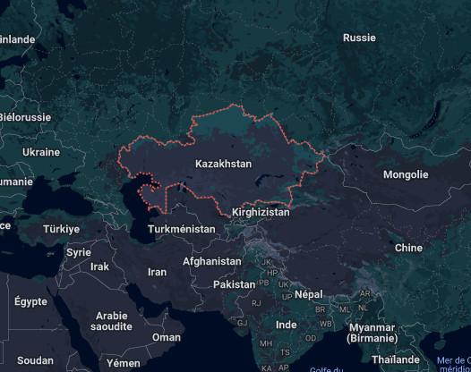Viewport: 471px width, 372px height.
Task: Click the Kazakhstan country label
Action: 223,165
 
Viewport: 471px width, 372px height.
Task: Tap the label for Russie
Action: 359,38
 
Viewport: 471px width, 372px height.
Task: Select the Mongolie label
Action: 406,174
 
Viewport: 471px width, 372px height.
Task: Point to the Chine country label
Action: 408,248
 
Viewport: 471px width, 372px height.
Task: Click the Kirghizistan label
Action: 261,213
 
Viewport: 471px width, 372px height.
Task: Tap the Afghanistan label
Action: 211,261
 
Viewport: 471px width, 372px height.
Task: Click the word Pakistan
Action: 235,284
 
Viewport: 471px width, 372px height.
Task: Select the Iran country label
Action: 157,272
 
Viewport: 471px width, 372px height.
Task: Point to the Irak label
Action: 99,266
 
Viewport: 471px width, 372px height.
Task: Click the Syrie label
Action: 79,252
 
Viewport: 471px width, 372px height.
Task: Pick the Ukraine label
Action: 40,152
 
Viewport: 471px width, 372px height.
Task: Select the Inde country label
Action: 287,325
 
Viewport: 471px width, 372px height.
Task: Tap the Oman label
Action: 167,337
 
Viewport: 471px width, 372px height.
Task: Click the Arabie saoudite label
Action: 112,322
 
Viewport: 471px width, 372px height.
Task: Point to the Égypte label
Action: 30,301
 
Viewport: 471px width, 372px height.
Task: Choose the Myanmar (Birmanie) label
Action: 373,333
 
